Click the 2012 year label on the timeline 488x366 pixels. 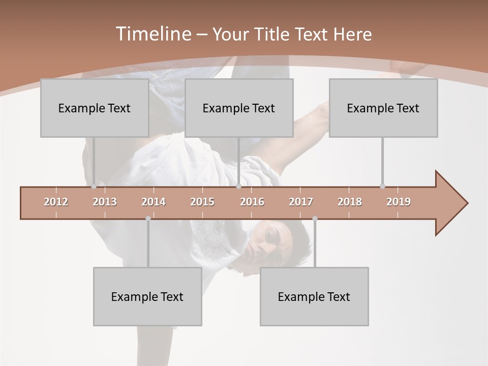pos(56,202)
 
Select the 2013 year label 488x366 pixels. pos(105,202)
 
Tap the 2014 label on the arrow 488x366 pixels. pos(154,202)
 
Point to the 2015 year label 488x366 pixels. pos(202,202)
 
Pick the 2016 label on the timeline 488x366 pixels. pos(252,202)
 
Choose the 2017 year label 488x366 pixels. pos(301,202)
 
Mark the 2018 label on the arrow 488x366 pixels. pos(350,202)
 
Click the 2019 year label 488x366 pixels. pos(399,202)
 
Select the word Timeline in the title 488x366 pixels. pos(152,34)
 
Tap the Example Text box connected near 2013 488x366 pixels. pos(95,108)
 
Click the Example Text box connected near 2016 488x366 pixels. pos(239,108)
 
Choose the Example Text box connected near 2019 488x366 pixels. pos(383,108)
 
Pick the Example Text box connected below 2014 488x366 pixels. pos(147,296)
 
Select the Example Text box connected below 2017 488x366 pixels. pos(314,296)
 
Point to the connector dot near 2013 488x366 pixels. pos(94,187)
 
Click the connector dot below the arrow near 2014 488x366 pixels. pos(148,219)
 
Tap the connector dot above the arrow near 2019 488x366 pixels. pos(382,186)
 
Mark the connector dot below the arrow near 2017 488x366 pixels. pos(315,219)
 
